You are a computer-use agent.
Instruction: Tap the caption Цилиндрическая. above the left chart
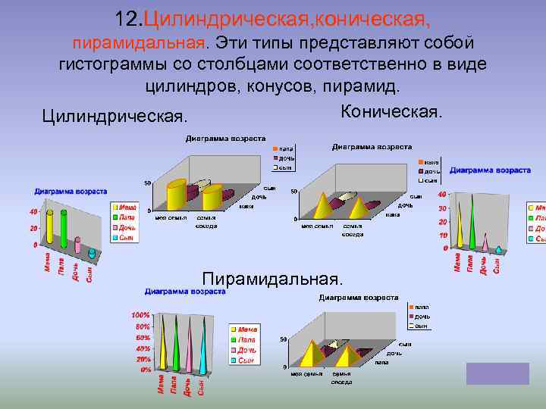(115, 117)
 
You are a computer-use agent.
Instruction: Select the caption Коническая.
(391, 112)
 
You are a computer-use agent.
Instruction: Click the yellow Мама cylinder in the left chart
(50, 226)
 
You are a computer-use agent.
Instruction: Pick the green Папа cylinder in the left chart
(64, 226)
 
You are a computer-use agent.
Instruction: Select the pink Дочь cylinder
(77, 244)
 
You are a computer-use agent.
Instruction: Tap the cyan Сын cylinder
(92, 253)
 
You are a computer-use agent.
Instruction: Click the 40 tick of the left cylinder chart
(33, 211)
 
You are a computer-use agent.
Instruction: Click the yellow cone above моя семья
(323, 206)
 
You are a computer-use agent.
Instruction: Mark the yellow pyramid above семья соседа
(349, 354)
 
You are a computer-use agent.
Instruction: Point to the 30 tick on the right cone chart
(442, 208)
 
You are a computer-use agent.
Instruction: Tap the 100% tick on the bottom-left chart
(140, 315)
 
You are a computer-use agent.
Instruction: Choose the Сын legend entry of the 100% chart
(245, 361)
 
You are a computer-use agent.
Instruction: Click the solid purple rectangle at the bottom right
(497, 373)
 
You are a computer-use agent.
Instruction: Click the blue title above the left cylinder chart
(71, 192)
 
